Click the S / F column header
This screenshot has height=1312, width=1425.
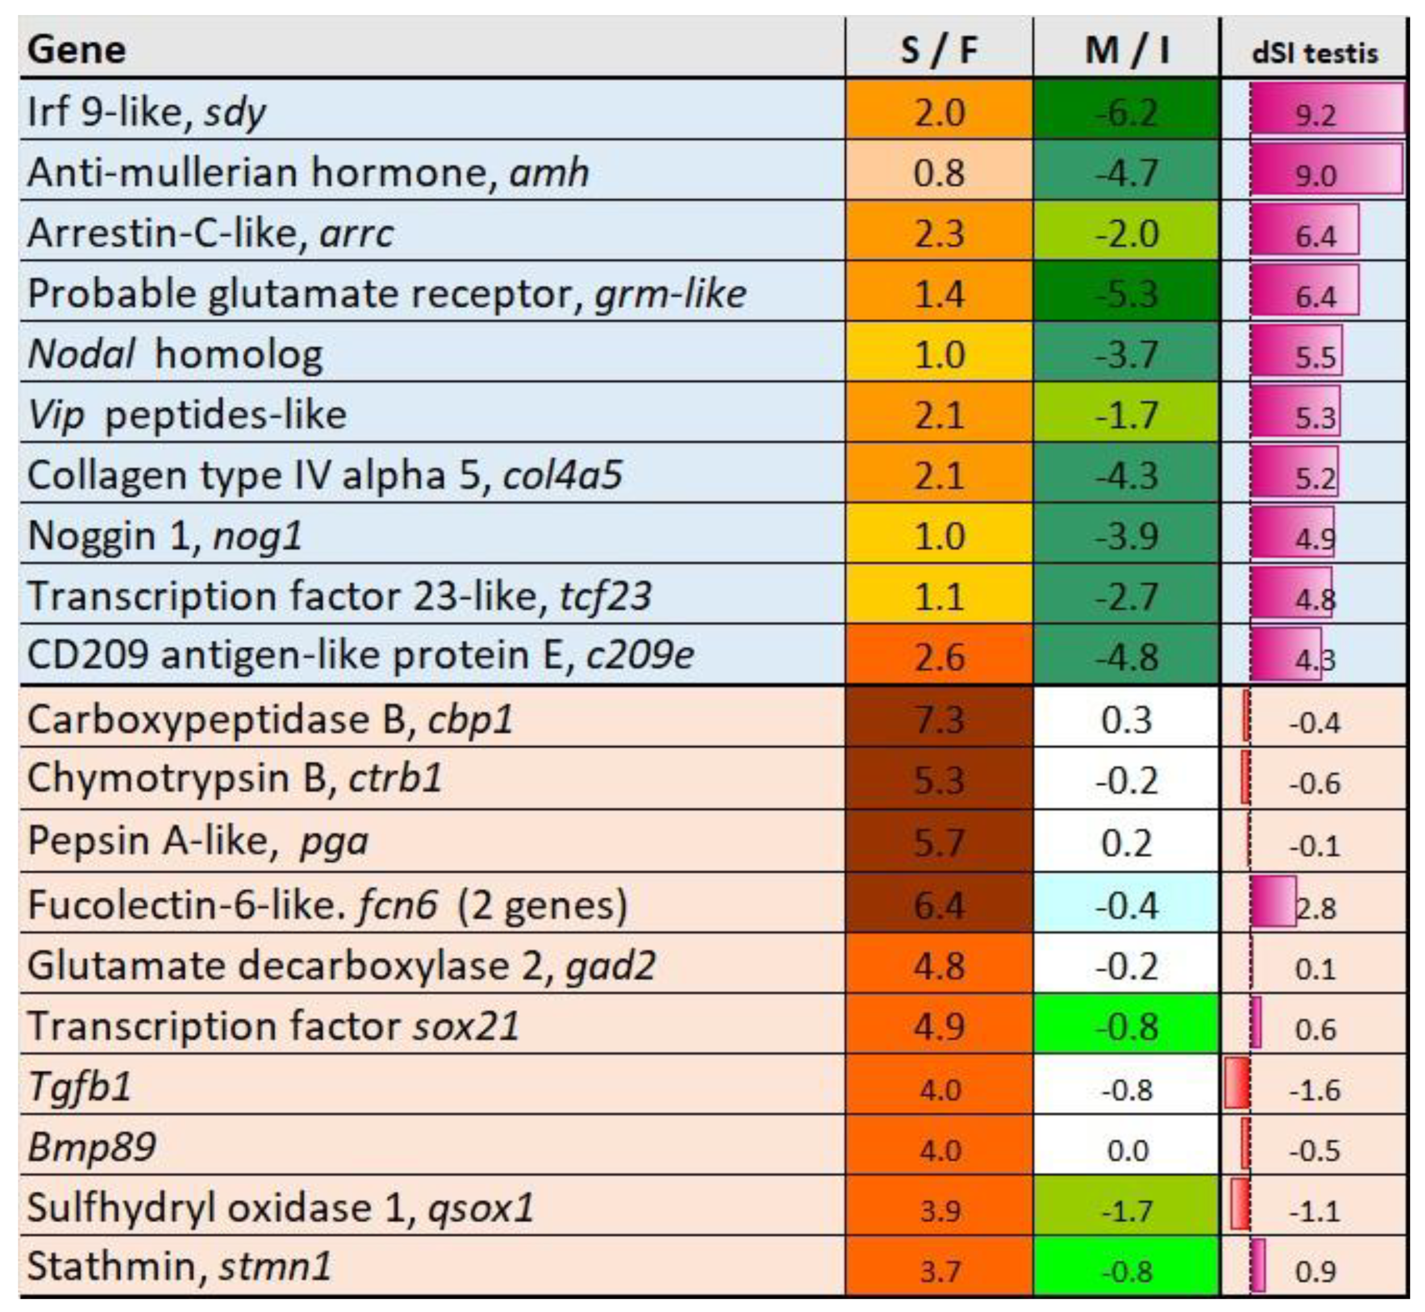point(938,50)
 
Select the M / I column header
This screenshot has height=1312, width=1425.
point(1126,50)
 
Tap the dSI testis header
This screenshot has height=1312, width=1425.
point(1314,53)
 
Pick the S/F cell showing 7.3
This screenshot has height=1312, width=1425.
point(938,719)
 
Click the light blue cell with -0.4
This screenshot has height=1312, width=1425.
point(1126,905)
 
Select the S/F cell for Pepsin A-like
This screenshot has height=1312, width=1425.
point(938,842)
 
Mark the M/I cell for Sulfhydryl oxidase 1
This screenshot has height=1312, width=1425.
point(1126,1209)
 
